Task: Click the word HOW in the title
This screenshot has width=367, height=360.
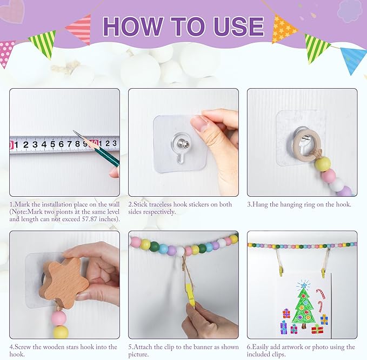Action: point(132,26)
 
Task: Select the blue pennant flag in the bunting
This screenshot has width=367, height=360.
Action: point(353,59)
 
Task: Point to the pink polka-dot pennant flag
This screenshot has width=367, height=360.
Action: point(6,52)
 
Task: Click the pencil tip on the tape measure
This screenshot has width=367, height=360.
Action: point(74,131)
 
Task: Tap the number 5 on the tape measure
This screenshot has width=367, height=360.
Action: point(52,144)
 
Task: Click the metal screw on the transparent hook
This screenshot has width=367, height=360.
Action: point(180,142)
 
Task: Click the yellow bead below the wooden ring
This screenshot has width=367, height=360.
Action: point(323,164)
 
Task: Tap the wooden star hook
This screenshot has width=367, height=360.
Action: point(64,283)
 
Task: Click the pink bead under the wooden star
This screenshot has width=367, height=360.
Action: point(58,318)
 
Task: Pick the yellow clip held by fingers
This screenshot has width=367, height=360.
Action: point(190,295)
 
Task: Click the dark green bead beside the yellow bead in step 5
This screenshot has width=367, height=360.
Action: point(155,246)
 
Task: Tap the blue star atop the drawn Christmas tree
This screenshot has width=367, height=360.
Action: point(304,285)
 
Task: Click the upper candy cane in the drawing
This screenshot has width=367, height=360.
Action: point(321,294)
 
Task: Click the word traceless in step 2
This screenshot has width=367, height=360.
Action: point(161,204)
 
